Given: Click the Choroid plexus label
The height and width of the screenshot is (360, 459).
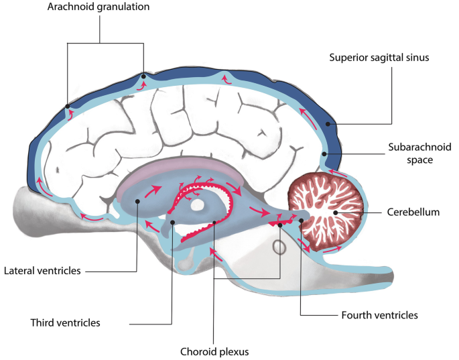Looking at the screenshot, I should point(212,350).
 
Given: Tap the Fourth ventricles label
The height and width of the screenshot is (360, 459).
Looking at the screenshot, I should point(379,314).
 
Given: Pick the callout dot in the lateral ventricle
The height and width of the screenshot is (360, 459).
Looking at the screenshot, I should point(137,202).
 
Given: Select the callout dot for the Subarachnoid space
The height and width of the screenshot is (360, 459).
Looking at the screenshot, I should point(324,154).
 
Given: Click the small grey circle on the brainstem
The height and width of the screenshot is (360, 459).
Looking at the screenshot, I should point(280,247).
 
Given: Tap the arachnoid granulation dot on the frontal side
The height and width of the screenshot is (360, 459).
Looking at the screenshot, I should point(67,107).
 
